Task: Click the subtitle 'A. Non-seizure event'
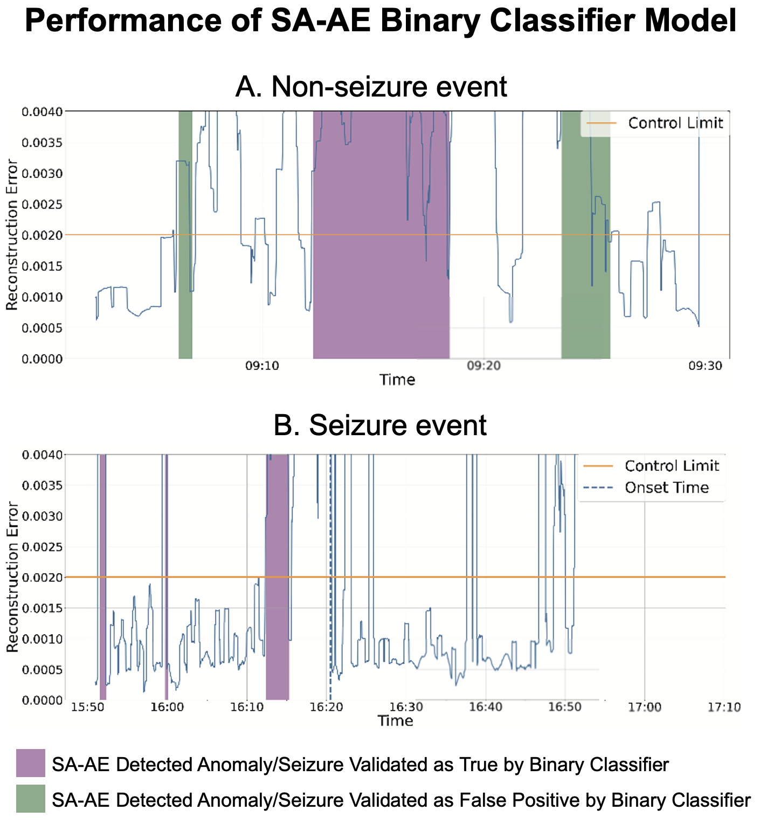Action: (x=371, y=86)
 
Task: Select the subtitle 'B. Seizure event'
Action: (x=380, y=425)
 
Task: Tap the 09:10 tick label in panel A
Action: (x=262, y=367)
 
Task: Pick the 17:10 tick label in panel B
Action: (x=724, y=707)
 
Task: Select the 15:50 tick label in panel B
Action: (x=87, y=707)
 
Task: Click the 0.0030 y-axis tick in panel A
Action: (x=42, y=173)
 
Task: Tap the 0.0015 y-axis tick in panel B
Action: (x=42, y=608)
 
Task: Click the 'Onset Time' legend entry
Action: (x=666, y=488)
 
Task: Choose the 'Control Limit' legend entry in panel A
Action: (x=675, y=123)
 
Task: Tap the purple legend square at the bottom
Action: (x=31, y=763)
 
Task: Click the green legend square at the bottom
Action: (x=31, y=799)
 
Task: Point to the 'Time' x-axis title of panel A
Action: (x=397, y=380)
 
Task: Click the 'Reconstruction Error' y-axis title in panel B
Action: (x=12, y=577)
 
